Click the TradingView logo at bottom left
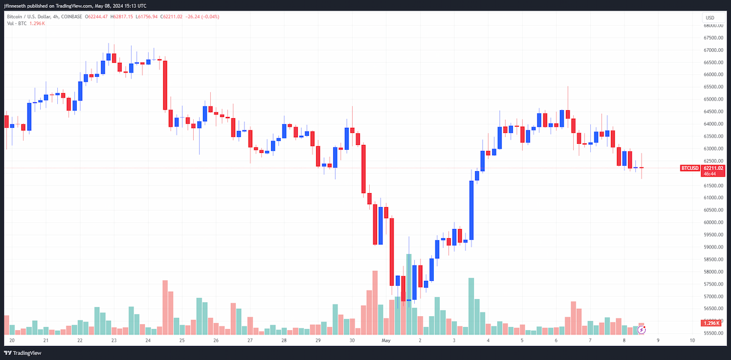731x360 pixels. point(23,353)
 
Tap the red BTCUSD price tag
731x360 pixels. point(690,168)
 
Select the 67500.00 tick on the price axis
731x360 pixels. point(713,38)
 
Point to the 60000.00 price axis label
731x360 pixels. point(713,222)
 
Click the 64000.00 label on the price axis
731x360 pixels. point(713,124)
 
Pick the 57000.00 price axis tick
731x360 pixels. point(713,297)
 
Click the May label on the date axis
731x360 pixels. point(386,341)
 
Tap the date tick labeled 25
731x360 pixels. point(182,341)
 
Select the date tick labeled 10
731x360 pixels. point(692,341)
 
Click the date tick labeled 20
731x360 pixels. point(12,341)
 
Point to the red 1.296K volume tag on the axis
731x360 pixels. point(711,323)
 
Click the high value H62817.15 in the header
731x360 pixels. point(122,16)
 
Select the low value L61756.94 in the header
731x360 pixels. point(147,16)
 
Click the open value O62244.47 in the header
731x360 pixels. point(96,16)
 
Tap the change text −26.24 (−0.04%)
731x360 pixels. point(202,16)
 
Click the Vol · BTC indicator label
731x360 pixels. point(16,24)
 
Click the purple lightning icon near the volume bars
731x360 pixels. point(641,330)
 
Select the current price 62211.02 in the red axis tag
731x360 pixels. point(713,168)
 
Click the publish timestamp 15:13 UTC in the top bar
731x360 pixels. point(134,6)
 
